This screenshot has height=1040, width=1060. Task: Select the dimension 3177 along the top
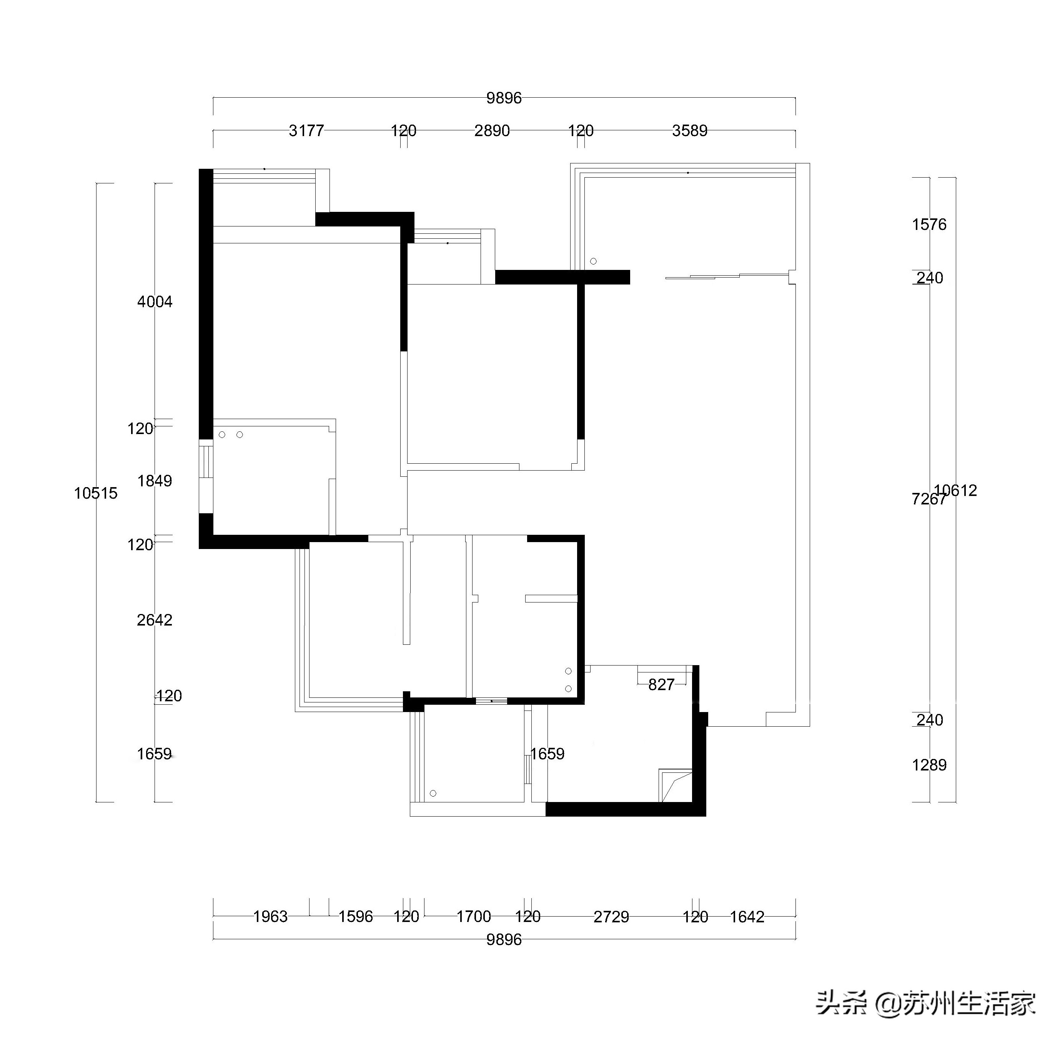point(306,131)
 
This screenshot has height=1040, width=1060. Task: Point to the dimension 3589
point(689,131)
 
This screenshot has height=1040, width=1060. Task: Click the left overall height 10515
point(96,493)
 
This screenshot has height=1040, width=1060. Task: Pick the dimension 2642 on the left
point(155,620)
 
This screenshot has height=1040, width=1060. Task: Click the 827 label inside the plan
point(661,685)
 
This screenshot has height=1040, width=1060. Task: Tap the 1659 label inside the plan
point(547,754)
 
